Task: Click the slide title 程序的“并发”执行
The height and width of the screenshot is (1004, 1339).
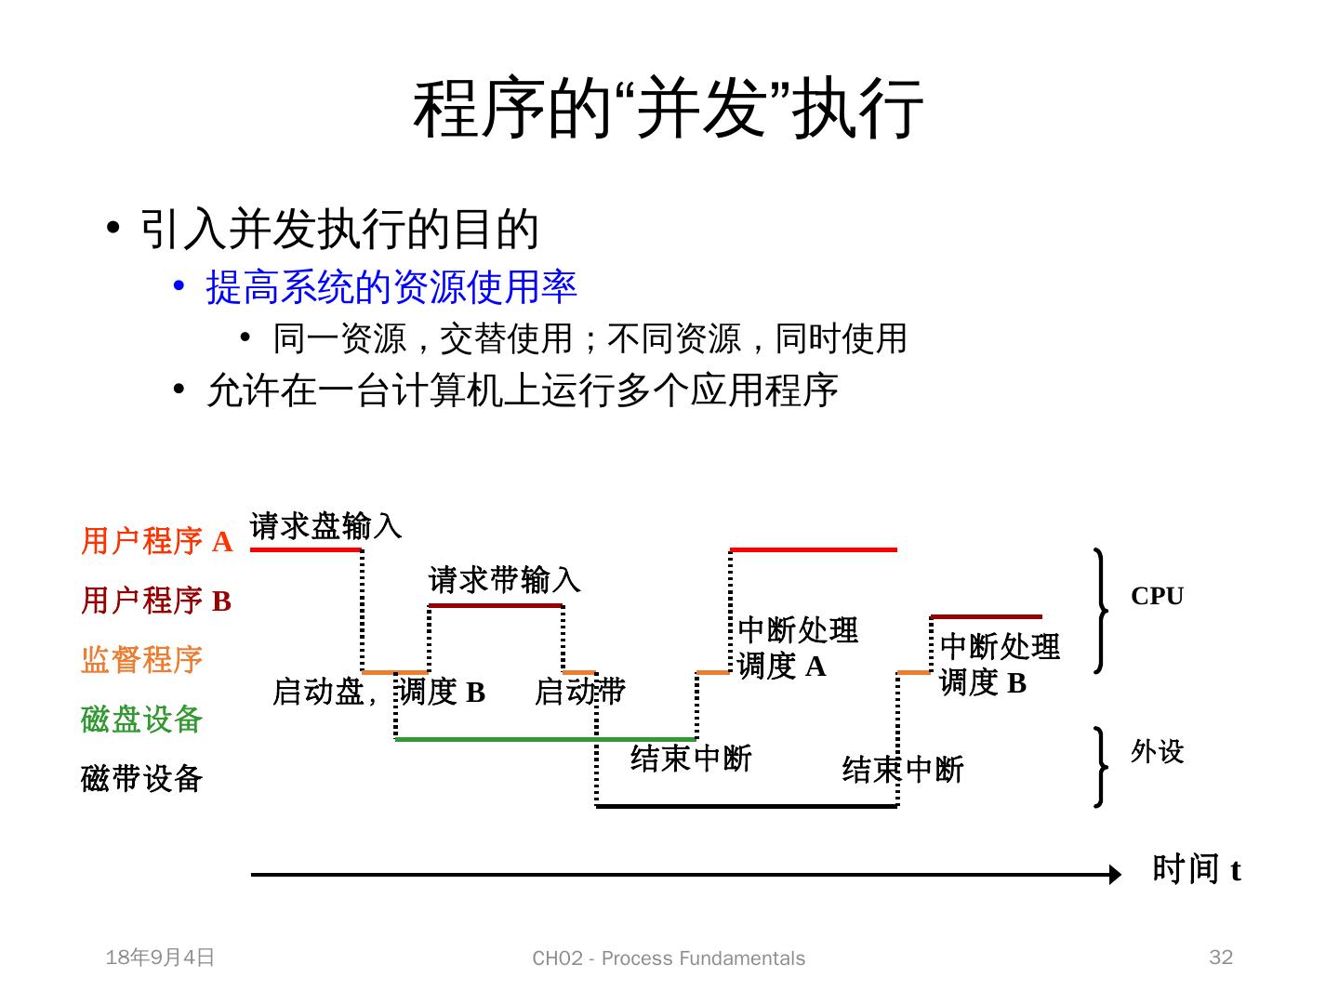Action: tap(669, 109)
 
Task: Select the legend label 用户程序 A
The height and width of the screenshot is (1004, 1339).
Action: tap(156, 541)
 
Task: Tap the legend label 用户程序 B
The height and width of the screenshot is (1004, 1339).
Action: tap(156, 601)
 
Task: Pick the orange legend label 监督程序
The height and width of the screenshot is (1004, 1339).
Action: tap(141, 660)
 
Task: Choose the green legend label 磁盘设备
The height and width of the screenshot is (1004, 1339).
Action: tap(141, 719)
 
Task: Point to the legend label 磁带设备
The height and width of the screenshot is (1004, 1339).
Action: tap(141, 778)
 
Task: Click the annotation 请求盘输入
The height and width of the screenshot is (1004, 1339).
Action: tap(325, 526)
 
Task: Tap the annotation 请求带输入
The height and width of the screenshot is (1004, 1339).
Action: tap(504, 580)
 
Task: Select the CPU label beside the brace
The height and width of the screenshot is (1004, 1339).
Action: tap(1157, 596)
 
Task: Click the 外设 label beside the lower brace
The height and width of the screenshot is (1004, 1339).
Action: tap(1157, 751)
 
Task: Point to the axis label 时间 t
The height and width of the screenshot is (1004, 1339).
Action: tap(1196, 869)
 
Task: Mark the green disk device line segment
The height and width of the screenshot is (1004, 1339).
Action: tap(545, 739)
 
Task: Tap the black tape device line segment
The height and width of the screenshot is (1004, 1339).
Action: tap(746, 806)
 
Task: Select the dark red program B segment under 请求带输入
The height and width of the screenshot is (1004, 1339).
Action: tap(496, 606)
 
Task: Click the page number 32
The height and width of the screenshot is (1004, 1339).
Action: tap(1221, 958)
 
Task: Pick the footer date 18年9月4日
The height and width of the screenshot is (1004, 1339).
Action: tap(160, 958)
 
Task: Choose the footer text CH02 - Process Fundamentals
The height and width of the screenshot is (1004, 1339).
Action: tap(669, 958)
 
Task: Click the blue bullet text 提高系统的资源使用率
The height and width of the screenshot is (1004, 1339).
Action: tap(391, 287)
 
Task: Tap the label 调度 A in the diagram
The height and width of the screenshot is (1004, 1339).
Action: tap(781, 667)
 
